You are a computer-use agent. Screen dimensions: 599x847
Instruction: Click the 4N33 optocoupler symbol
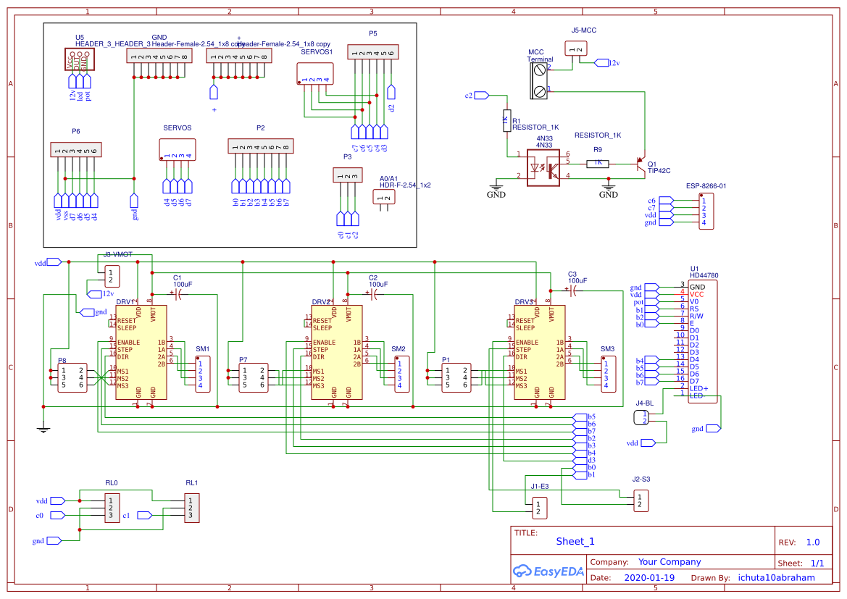pyautogui.click(x=549, y=168)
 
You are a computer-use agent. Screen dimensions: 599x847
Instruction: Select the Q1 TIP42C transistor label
pyautogui.click(x=659, y=167)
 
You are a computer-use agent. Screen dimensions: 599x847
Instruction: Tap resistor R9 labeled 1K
pyautogui.click(x=598, y=163)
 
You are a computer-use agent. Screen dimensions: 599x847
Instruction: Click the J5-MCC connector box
pyautogui.click(x=576, y=49)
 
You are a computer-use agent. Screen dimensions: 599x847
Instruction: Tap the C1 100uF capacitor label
pyautogui.click(x=182, y=281)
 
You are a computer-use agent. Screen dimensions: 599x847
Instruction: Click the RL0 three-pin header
pyautogui.click(x=111, y=508)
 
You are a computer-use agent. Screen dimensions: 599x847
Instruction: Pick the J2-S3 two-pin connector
pyautogui.click(x=640, y=500)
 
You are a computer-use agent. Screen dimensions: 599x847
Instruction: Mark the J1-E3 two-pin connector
pyautogui.click(x=538, y=508)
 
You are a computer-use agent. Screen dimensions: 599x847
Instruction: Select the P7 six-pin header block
pyautogui.click(x=252, y=377)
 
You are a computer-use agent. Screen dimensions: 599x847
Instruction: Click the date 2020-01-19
pyautogui.click(x=648, y=578)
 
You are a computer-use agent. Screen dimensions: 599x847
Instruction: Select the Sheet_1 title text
pyautogui.click(x=575, y=541)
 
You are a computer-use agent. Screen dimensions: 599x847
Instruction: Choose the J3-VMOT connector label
pyautogui.click(x=117, y=255)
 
